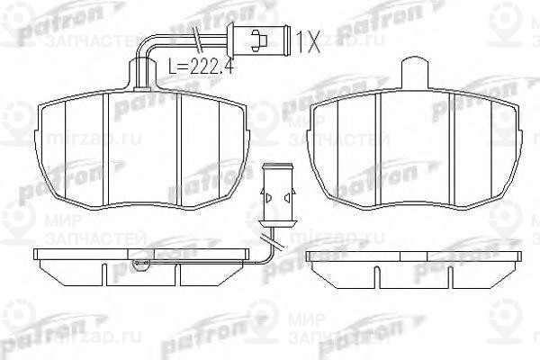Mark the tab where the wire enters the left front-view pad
140,81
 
